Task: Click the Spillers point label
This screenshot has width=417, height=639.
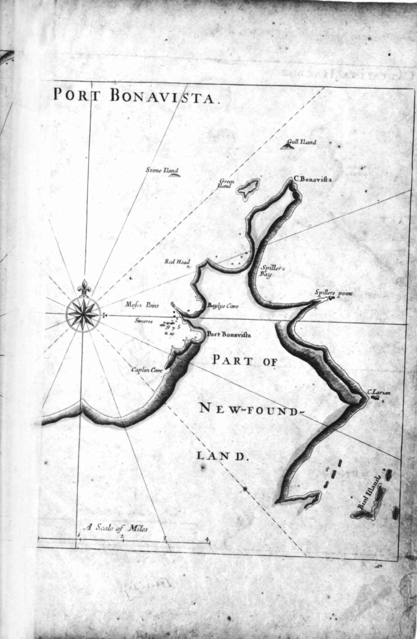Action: [333, 293]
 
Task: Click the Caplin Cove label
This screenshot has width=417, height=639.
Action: [146, 370]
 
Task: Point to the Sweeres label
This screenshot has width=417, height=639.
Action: [143, 322]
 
